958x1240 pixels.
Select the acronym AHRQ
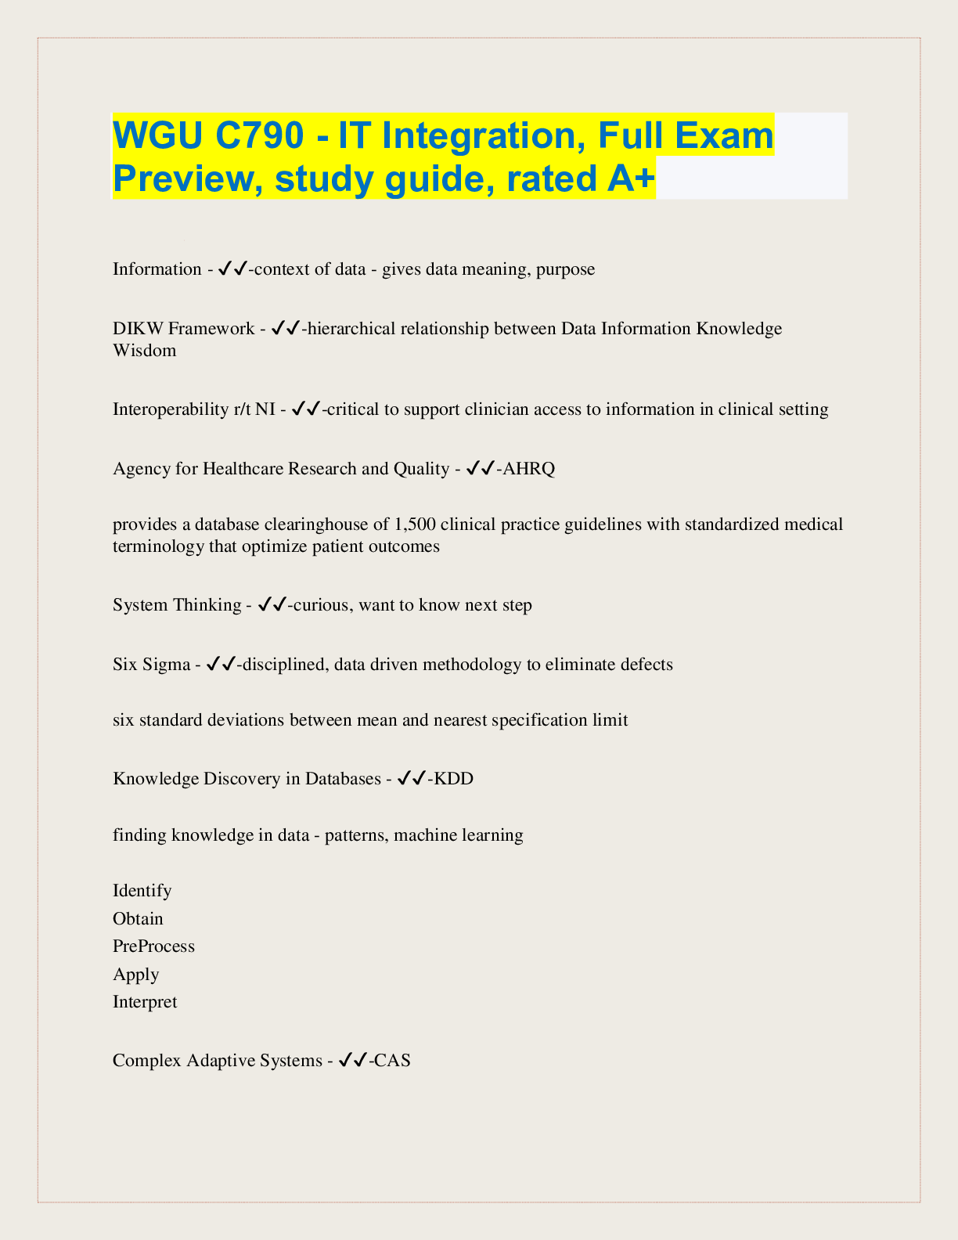[x=530, y=469]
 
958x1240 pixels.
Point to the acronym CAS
[x=393, y=1061]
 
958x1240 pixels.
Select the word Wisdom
[x=145, y=350]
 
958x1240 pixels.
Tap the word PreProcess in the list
[x=153, y=946]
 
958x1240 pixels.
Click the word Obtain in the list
[x=138, y=918]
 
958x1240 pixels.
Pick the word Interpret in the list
[x=145, y=1002]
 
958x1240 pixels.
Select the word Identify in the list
[x=142, y=891]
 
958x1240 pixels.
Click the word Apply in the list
[x=136, y=975]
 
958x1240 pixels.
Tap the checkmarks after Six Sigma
[x=221, y=665]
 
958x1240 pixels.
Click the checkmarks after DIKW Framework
[x=286, y=329]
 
